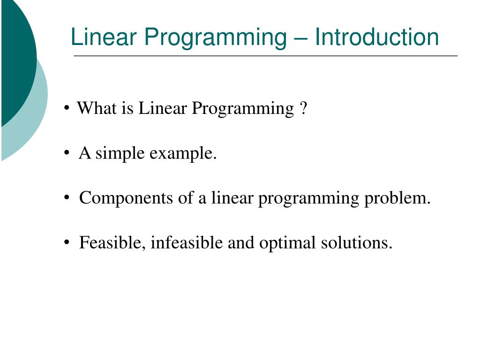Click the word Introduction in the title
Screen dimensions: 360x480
pyautogui.click(x=377, y=37)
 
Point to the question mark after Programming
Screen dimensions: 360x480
pyautogui.click(x=302, y=109)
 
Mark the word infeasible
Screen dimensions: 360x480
pyautogui.click(x=187, y=243)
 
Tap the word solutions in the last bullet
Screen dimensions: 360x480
pyautogui.click(x=356, y=243)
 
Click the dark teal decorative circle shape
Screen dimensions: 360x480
pyautogui.click(x=16, y=56)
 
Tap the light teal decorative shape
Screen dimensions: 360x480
pyautogui.click(x=33, y=122)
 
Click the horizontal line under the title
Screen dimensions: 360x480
pyautogui.click(x=265, y=56)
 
